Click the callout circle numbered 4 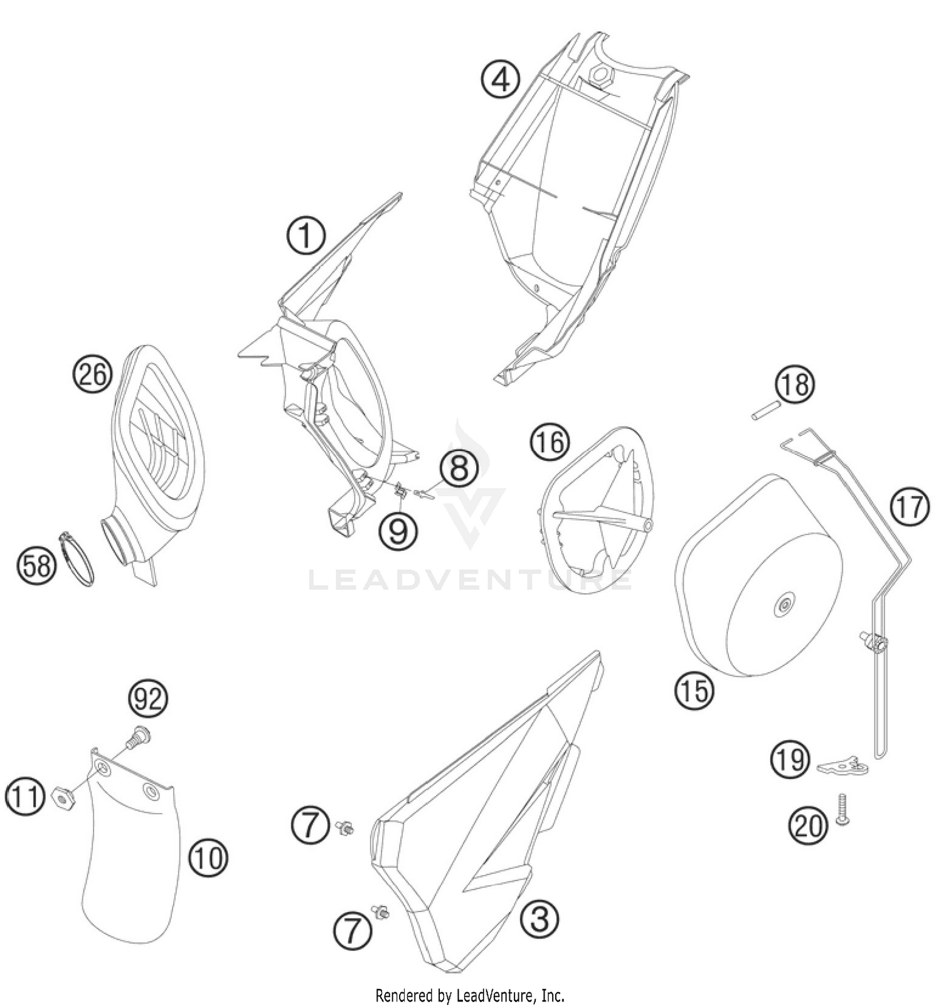click(500, 80)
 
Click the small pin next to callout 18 click(765, 415)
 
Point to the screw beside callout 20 click(843, 809)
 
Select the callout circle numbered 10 click(208, 857)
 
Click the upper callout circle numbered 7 click(310, 824)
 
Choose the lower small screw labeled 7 click(379, 911)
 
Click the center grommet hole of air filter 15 click(784, 605)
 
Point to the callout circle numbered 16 click(550, 442)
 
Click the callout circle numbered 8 click(459, 467)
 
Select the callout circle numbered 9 click(398, 531)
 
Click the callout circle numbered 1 click(306, 236)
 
